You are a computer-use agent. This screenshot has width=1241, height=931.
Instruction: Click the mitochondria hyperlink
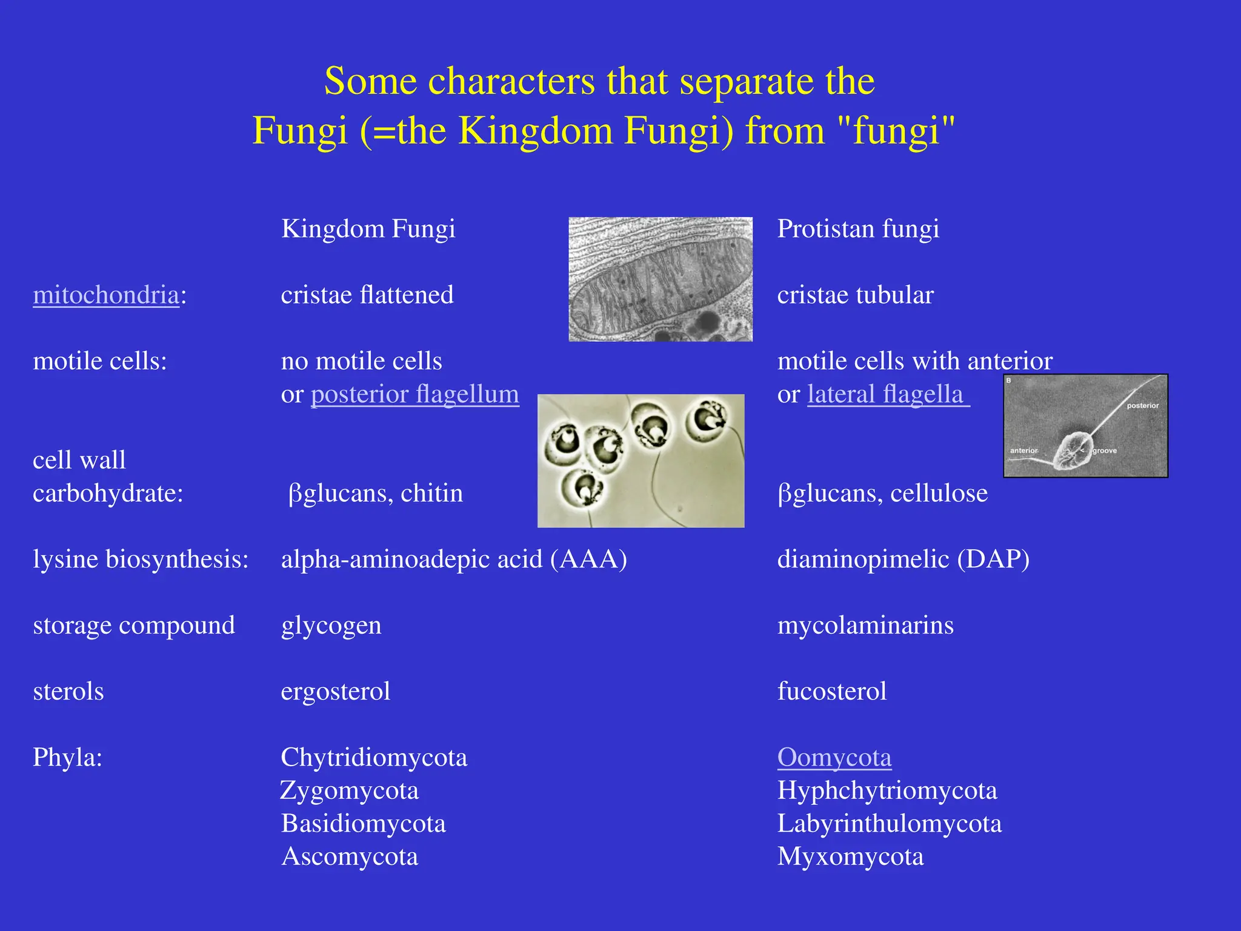pos(106,295)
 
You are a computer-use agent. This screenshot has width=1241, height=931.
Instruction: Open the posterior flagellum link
pos(414,395)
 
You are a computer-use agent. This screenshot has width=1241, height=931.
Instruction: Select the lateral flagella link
pos(885,395)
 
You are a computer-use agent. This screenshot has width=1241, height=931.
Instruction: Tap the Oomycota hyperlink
pos(834,758)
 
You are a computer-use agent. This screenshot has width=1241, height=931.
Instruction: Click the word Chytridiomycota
pos(374,758)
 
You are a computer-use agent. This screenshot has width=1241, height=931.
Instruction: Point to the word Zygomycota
pos(350,791)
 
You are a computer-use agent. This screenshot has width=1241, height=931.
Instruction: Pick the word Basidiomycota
pos(364,824)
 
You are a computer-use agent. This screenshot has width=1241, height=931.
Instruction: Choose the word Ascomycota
pos(350,857)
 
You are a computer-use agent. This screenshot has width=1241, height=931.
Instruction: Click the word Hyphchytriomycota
pos(887,791)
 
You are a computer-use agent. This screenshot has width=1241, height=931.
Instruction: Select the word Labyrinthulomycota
pos(890,824)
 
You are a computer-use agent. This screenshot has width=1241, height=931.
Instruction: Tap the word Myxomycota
pos(850,857)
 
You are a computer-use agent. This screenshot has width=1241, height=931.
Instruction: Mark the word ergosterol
pos(336,692)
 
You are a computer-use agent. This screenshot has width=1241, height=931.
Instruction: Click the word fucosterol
pos(832,692)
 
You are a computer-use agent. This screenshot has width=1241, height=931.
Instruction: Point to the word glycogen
pos(331,626)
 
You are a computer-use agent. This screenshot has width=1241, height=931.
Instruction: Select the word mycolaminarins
pos(865,626)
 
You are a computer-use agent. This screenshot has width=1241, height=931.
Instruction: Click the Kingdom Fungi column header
pos(368,229)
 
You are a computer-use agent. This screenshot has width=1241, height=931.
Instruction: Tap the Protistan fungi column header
pos(858,229)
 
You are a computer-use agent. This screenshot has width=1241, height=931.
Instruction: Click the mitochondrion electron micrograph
pos(660,279)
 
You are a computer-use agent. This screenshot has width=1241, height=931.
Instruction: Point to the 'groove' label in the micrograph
pos(1105,451)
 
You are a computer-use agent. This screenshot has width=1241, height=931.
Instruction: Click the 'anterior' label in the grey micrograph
pos(1023,451)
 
